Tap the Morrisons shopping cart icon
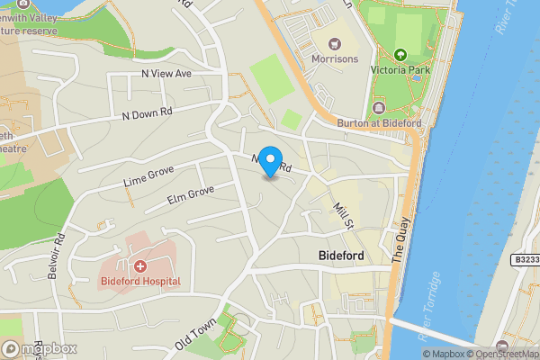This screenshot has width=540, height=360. (335, 43)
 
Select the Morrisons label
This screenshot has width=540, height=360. (335, 59)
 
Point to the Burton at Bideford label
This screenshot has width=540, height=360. (379, 122)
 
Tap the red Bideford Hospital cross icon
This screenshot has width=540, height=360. (140, 265)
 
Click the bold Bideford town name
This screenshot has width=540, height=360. (341, 256)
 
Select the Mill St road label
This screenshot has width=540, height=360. (341, 214)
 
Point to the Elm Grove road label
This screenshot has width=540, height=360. (190, 198)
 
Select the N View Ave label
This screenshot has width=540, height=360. (166, 73)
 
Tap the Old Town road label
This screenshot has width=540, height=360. (195, 334)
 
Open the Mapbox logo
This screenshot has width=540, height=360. (39, 348)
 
